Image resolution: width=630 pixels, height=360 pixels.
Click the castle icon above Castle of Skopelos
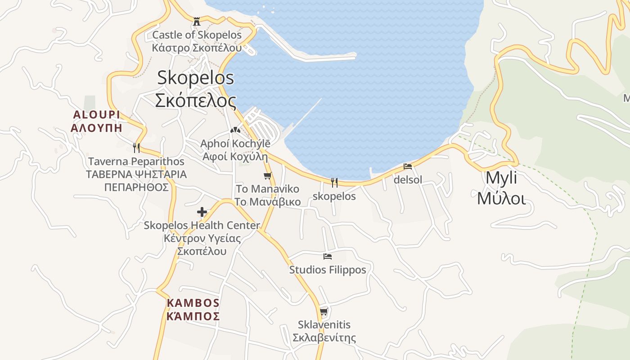point(197,21)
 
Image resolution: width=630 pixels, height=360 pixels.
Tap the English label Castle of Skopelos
point(197,35)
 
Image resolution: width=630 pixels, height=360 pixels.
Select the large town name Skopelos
point(195,78)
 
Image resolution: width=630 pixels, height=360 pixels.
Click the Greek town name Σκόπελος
point(195,100)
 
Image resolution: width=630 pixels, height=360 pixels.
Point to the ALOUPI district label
point(97,115)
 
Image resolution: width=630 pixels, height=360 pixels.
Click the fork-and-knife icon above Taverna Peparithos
point(136,148)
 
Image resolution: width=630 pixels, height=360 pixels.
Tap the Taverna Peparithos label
point(136,161)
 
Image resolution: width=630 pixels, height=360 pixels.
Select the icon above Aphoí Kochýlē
point(235,130)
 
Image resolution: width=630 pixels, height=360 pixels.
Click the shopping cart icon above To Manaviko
point(268,175)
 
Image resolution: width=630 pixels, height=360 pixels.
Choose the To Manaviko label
point(267,189)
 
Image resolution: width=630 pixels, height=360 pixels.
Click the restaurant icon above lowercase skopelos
point(334,182)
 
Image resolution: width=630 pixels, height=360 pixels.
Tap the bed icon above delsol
point(408,166)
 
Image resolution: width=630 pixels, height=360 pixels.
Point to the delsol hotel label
point(408,180)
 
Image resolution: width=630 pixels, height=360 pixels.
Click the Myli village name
point(501,178)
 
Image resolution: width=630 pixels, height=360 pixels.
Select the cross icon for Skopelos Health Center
point(202,212)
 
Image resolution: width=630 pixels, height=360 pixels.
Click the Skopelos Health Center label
point(202,225)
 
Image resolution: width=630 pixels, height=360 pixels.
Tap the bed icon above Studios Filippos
point(328,256)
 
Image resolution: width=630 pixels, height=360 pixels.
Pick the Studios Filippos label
point(328,270)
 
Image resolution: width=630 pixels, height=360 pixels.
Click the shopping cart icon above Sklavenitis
point(324,311)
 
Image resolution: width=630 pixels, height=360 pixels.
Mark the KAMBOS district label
point(193,303)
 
